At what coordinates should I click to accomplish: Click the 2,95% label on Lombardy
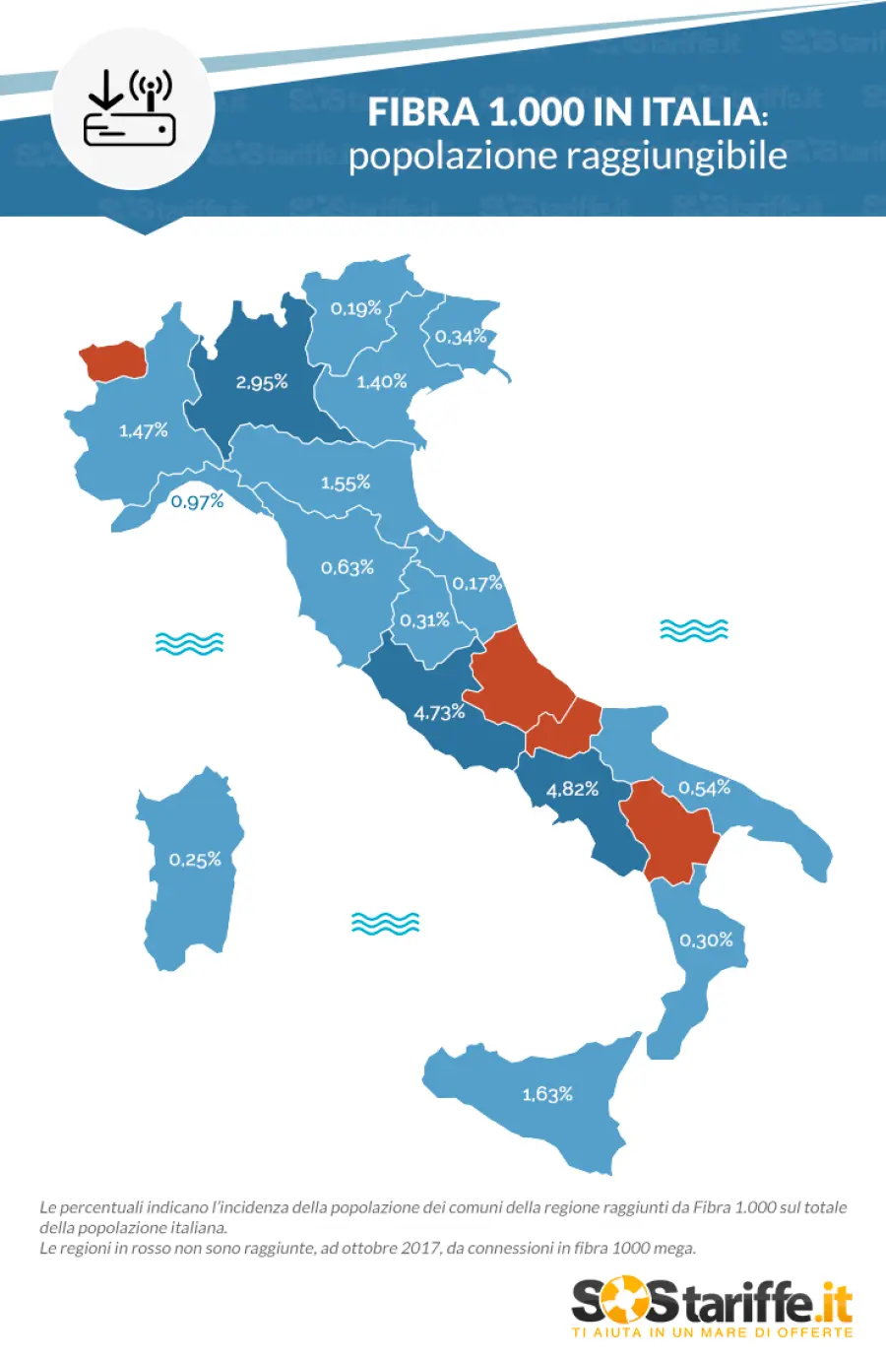[x=262, y=382]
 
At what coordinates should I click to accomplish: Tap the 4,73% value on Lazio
[x=439, y=712]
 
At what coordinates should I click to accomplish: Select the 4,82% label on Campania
[x=573, y=789]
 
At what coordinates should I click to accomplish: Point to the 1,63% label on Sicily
[x=547, y=1094]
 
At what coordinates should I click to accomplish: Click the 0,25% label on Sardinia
[x=195, y=860]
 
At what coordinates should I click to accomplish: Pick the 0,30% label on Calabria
[x=706, y=940]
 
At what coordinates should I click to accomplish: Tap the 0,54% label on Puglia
[x=705, y=788]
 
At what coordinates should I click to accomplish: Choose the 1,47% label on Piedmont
[x=144, y=430]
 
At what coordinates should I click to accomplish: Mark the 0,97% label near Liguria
[x=198, y=501]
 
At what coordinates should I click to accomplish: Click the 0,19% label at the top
[x=355, y=308]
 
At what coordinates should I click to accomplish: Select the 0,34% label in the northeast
[x=461, y=337]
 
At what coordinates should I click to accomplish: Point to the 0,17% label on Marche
[x=477, y=583]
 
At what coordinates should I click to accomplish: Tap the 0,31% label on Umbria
[x=424, y=620]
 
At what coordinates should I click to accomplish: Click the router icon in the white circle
[x=130, y=109]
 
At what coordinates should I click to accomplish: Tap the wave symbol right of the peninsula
[x=694, y=630]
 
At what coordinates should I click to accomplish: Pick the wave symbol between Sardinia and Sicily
[x=385, y=924]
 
